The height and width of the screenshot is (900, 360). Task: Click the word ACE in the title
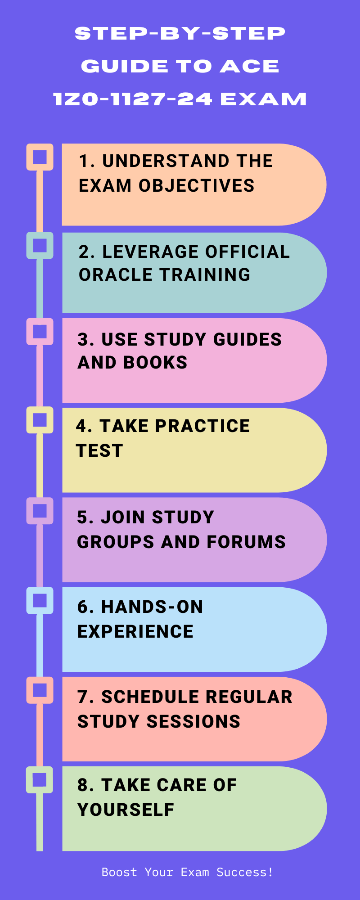tap(250, 67)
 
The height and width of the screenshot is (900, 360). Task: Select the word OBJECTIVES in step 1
tap(196, 186)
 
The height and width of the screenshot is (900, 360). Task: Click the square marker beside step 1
tap(40, 157)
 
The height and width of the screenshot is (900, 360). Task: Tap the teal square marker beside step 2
tap(40, 245)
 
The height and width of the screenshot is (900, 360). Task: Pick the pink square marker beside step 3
tap(40, 332)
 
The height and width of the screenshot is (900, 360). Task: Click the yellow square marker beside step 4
tap(40, 420)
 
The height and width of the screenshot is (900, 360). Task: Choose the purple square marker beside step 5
tap(40, 511)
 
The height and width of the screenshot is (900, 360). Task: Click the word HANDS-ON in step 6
tap(152, 607)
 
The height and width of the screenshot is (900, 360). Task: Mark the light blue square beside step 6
tap(40, 600)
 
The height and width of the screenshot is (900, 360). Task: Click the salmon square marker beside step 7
tap(40, 690)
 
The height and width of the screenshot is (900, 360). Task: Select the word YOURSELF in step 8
tap(126, 810)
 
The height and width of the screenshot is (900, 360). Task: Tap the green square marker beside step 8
tap(40, 779)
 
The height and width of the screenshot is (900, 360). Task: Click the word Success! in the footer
tap(245, 872)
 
